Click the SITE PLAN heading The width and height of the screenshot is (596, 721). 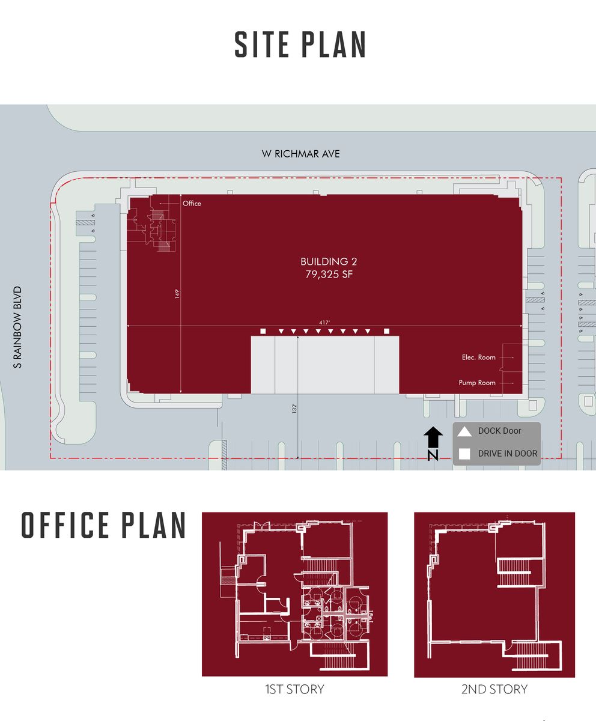pos(300,45)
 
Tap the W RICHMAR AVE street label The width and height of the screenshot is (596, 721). pos(300,154)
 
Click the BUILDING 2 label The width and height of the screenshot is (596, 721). pos(324,261)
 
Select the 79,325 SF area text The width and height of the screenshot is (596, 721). pos(324,275)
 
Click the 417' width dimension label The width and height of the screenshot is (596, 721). pos(324,323)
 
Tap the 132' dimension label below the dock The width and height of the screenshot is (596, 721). pos(295,408)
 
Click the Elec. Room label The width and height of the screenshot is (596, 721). pos(479,357)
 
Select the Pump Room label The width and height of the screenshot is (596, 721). pos(477,383)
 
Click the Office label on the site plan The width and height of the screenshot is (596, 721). pos(192,204)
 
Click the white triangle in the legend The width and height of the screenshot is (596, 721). pos(464,431)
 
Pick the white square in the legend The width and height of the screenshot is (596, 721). pos(464,454)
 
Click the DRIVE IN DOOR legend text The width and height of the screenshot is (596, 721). pos(508,454)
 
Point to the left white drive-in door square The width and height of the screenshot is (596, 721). pos(263,331)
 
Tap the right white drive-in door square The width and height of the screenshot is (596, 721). pos(387,331)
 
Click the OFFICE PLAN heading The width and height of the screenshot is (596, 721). pos(103,526)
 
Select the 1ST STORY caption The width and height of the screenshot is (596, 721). pos(294,689)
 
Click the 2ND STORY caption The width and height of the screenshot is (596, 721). pos(494,689)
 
